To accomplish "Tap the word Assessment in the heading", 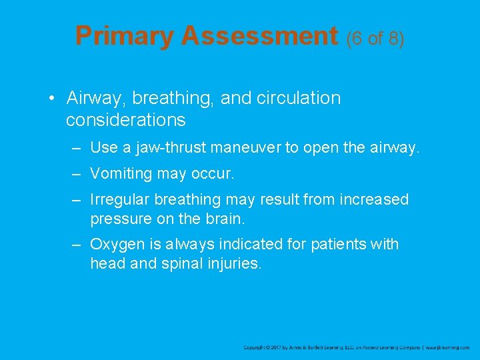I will [259, 36].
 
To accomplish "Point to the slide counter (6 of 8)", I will [375, 39].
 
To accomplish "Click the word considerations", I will [125, 120].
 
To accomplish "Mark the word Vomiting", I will [119, 174].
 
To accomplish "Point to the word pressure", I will [119, 219].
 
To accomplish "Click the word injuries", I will [235, 263].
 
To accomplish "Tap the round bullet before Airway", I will [51, 99].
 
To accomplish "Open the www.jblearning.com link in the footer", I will [448, 348].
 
